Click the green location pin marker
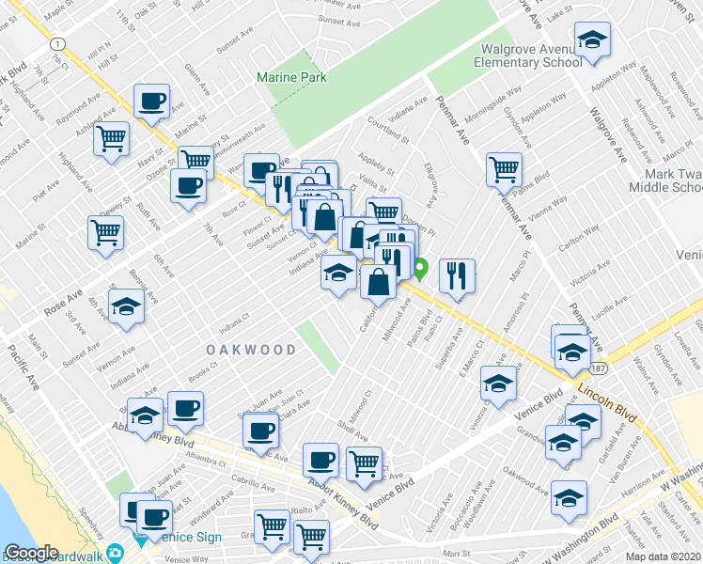(422, 269)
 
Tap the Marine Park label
(291, 77)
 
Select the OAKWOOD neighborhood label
(252, 350)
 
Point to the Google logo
(31, 553)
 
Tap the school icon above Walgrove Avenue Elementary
(592, 40)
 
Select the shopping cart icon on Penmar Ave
(505, 169)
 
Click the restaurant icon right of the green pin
(457, 275)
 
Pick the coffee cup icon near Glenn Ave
(151, 100)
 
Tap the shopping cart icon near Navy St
(112, 138)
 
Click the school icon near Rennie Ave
(126, 307)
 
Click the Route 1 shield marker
(59, 44)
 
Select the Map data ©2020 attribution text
(664, 556)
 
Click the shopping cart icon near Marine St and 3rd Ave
(106, 232)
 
